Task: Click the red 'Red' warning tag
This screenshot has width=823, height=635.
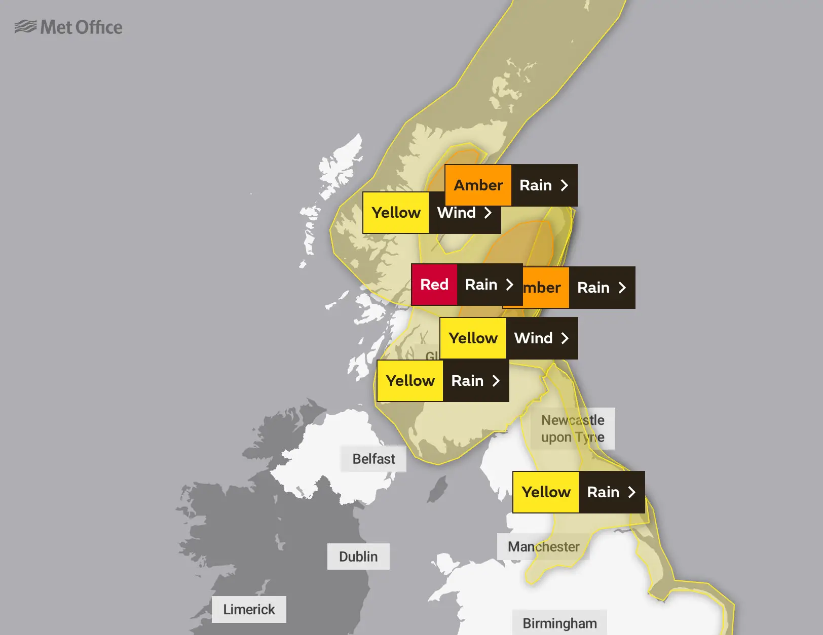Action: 434,285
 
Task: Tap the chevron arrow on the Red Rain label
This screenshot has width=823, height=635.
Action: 509,285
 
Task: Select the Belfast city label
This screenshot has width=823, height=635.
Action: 373,459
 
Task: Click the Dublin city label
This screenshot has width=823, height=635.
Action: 358,557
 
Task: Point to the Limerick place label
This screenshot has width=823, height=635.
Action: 249,609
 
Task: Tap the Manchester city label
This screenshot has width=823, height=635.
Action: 543,547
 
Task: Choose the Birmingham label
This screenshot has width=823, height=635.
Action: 559,623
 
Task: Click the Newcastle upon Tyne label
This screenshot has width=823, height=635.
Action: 573,428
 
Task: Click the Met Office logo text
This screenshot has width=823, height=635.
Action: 81,27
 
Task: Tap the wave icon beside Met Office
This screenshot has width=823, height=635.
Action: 25,26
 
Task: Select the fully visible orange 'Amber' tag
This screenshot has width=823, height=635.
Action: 478,185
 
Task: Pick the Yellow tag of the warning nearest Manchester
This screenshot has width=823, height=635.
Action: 546,492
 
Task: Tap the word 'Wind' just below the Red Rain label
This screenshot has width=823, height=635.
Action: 533,338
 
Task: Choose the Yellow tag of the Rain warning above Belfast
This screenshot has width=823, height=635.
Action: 410,381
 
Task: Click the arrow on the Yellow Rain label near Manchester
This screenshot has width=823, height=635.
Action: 631,492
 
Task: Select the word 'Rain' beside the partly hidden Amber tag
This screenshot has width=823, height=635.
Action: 593,288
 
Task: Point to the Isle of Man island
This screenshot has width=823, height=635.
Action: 438,489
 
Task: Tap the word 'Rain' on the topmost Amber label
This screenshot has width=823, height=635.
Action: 536,185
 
